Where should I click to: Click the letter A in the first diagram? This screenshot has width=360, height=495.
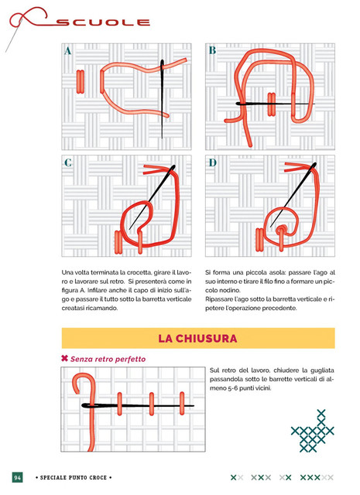tap(67, 51)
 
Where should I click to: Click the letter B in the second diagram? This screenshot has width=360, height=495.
tap(212, 50)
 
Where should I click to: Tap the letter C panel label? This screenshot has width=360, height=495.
tap(68, 162)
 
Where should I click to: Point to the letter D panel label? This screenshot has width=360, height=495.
tap(212, 162)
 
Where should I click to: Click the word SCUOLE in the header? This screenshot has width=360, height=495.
tap(103, 22)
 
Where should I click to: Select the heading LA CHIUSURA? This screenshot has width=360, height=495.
tap(197, 339)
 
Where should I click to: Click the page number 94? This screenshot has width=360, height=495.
tap(17, 477)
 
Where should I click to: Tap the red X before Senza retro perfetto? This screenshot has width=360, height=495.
tap(64, 358)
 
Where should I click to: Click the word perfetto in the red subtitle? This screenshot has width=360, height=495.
tap(130, 359)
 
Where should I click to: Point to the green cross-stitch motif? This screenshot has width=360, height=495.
tap(313, 431)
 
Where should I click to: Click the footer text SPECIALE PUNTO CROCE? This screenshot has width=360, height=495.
tap(74, 478)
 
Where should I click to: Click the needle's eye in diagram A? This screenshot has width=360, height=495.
tap(162, 65)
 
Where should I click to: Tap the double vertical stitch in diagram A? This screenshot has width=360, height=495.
tap(81, 82)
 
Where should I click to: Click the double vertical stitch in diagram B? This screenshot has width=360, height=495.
tap(272, 104)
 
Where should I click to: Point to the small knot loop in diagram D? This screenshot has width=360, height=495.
tap(280, 230)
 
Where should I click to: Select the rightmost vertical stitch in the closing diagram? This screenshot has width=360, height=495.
tap(182, 404)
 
